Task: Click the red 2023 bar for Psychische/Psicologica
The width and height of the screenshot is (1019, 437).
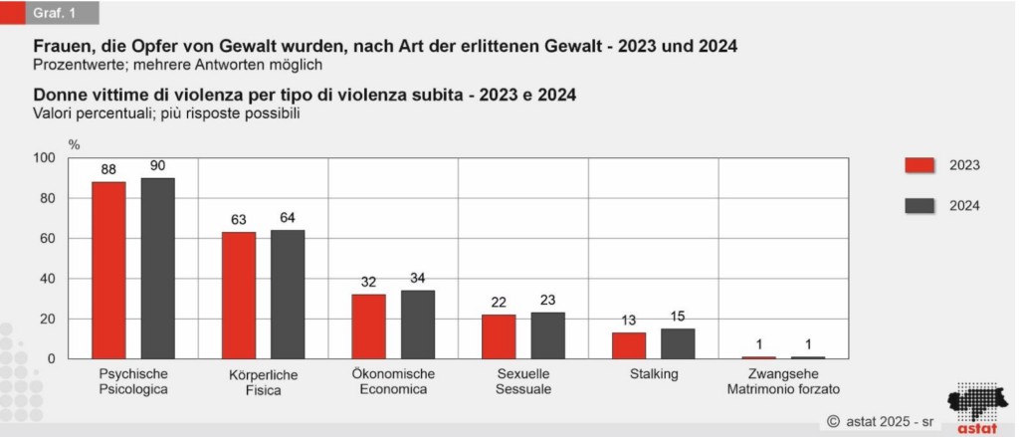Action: [109, 270]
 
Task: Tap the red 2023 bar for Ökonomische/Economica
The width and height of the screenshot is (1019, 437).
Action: [368, 326]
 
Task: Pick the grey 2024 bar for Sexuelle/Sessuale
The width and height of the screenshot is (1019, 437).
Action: [547, 335]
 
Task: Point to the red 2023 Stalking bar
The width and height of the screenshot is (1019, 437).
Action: [628, 345]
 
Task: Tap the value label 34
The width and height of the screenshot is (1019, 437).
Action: [417, 279]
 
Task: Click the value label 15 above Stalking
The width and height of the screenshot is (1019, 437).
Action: [678, 317]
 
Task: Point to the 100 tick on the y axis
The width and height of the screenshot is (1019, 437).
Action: [46, 158]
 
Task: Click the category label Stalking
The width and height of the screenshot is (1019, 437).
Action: [653, 374]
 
